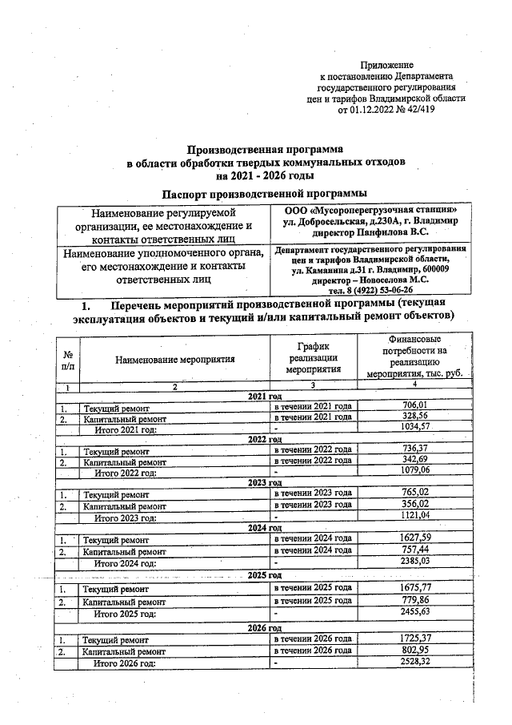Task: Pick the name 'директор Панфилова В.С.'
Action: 370,232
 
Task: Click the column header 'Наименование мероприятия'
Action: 174,360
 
